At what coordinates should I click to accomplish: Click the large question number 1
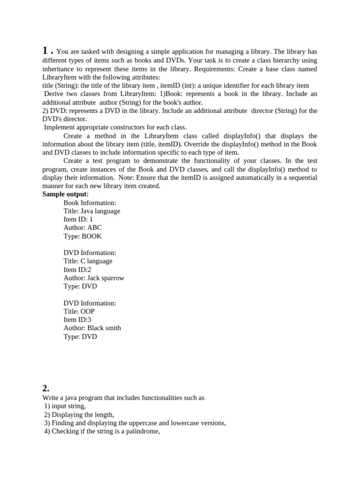pyautogui.click(x=45, y=51)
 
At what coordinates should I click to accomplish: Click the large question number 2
pyautogui.click(x=45, y=388)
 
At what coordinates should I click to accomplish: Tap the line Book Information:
pyautogui.click(x=90, y=202)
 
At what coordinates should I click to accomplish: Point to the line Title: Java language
pyautogui.click(x=91, y=211)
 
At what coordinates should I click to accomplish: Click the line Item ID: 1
pyautogui.click(x=78, y=219)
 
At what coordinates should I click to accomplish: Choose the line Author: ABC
pyautogui.click(x=82, y=228)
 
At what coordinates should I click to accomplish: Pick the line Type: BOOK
pyautogui.click(x=82, y=236)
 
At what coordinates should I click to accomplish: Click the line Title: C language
pyautogui.click(x=88, y=261)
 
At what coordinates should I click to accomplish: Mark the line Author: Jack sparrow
pyautogui.click(x=94, y=278)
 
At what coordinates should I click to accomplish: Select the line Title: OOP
pyautogui.click(x=79, y=311)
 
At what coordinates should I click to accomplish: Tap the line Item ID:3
pyautogui.click(x=77, y=320)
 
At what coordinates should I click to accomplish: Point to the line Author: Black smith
pyautogui.click(x=92, y=328)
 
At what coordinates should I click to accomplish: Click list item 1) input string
pyautogui.click(x=65, y=406)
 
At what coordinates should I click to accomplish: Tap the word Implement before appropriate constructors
pyautogui.click(x=60, y=127)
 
